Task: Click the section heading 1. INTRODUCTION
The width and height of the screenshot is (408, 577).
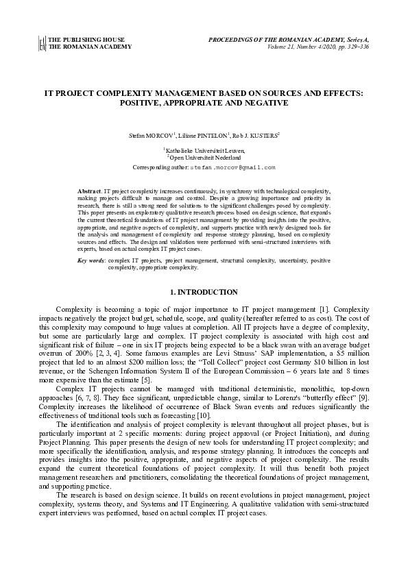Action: tap(204, 293)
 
